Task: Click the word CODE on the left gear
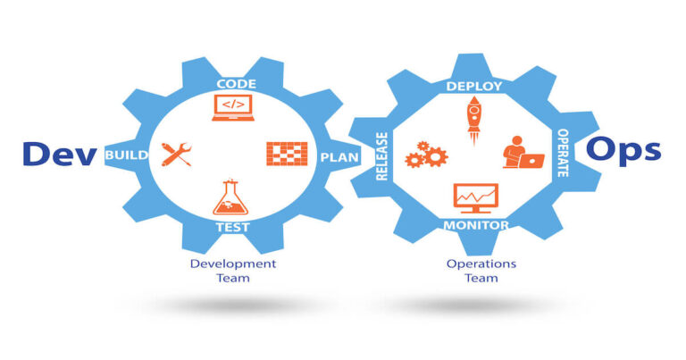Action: coord(236,84)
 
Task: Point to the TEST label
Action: coord(232,227)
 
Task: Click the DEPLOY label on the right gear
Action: coord(473,87)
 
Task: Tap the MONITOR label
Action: coord(476,224)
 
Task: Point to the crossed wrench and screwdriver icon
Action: coord(177,155)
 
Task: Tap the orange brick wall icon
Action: coord(287,153)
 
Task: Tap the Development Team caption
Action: coord(232,270)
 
